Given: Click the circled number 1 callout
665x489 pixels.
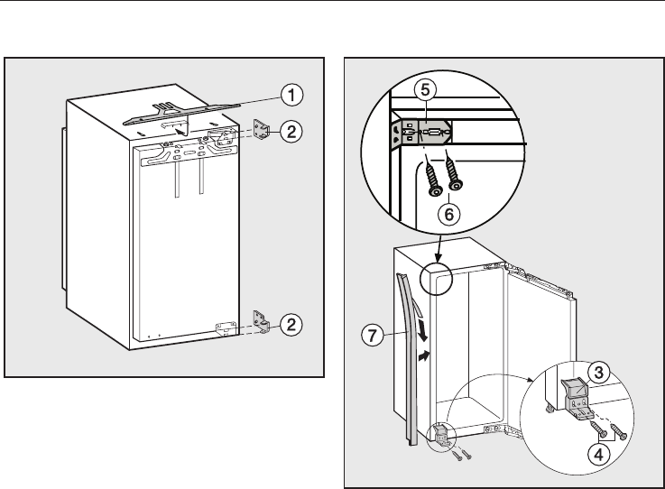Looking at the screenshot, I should coord(291,92).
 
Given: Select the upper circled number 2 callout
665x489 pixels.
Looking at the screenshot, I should coord(291,132).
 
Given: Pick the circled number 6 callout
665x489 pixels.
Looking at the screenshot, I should coord(444,216).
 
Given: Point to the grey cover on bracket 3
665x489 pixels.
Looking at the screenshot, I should coord(574,390).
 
